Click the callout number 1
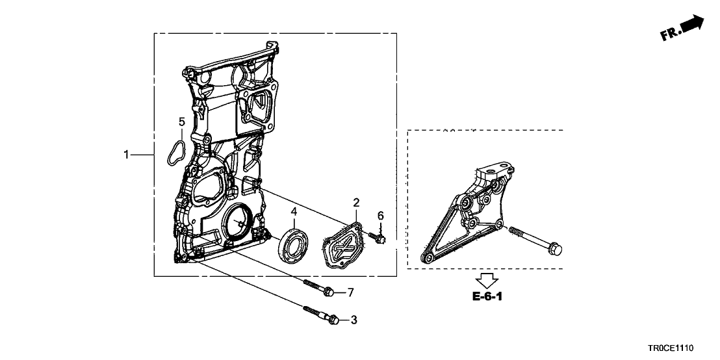pyautogui.click(x=126, y=155)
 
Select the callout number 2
pyautogui.click(x=356, y=203)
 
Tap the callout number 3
pyautogui.click(x=354, y=320)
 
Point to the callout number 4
pyautogui.click(x=294, y=212)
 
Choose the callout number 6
pyautogui.click(x=380, y=215)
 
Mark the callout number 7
pyautogui.click(x=351, y=292)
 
